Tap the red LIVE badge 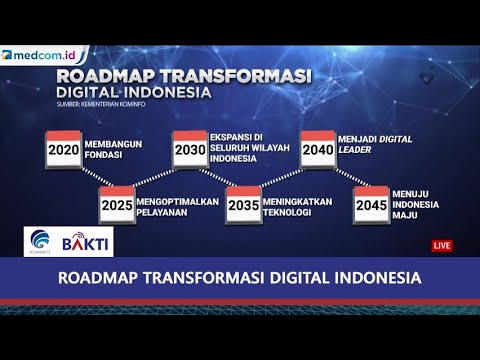442,245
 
